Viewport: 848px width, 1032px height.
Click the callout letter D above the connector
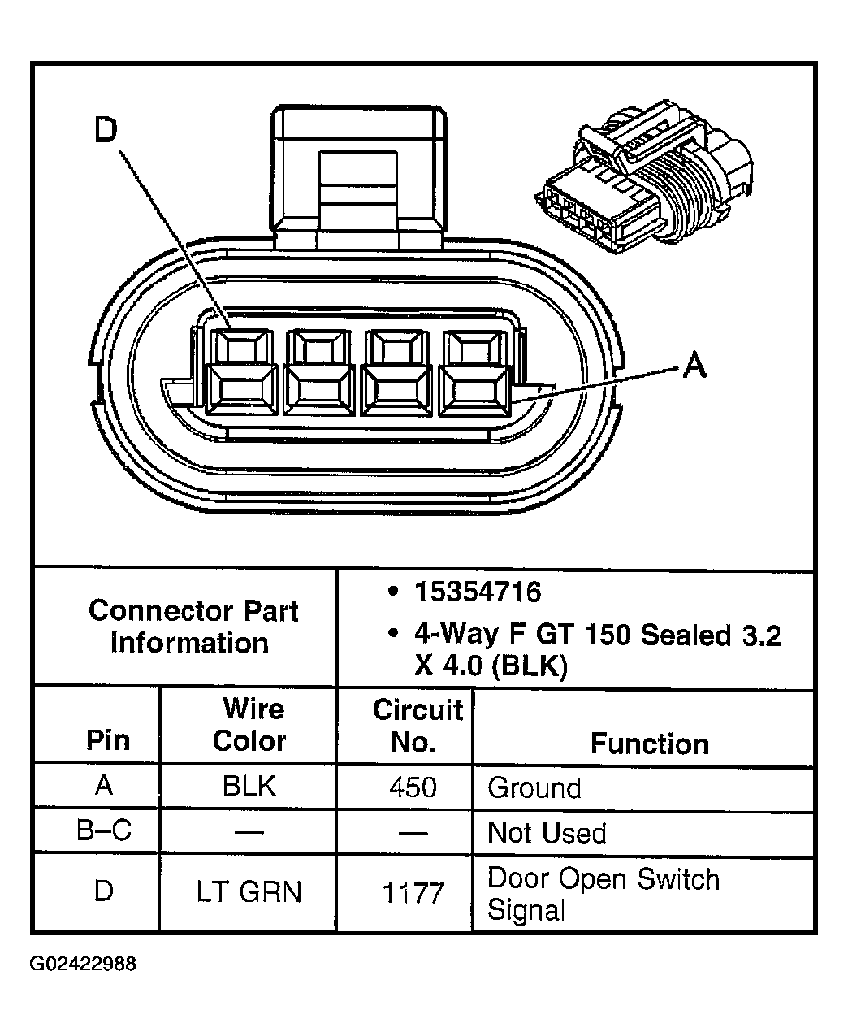[106, 130]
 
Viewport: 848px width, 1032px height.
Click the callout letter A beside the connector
[694, 366]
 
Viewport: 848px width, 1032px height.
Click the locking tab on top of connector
[360, 175]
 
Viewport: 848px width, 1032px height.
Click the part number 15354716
[478, 592]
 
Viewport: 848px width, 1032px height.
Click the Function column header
[649, 744]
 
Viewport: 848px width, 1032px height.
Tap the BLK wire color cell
[249, 787]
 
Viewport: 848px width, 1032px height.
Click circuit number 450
[413, 787]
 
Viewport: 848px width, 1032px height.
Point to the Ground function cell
[534, 788]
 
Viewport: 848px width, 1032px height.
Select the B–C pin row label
[104, 831]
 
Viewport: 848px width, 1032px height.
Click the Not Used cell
[547, 834]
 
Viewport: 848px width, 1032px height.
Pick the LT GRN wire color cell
[249, 892]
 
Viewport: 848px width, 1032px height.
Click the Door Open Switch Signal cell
[603, 894]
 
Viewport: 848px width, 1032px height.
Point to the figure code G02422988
[83, 965]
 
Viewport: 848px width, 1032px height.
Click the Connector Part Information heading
[193, 627]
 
